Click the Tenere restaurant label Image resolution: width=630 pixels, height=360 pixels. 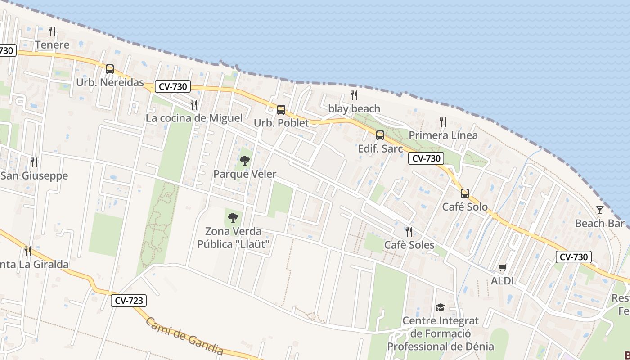[x=52, y=45]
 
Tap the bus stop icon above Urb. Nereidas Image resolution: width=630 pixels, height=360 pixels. [x=110, y=69]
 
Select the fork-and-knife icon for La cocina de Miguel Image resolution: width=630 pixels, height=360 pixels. [x=194, y=104]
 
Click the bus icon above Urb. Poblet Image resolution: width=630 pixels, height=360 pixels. [x=281, y=109]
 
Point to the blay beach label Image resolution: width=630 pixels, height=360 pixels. [x=354, y=108]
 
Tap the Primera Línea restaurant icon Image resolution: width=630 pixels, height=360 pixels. [x=443, y=121]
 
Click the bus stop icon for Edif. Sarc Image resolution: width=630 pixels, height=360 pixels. [x=380, y=135]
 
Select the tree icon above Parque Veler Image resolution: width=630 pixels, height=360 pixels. [x=245, y=160]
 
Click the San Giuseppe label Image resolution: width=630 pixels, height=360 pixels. [x=34, y=175]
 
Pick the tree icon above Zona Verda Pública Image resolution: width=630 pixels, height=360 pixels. [x=233, y=218]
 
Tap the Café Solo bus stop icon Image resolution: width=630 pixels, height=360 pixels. [x=465, y=193]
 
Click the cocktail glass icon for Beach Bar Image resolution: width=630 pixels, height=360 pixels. [x=600, y=210]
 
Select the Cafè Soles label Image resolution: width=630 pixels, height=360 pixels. [x=409, y=245]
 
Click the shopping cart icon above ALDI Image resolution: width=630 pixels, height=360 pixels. [x=503, y=267]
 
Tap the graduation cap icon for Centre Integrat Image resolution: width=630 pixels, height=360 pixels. [x=440, y=307]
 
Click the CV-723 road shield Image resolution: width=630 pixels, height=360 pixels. [x=129, y=301]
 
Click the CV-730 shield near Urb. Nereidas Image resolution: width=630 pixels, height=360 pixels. [x=173, y=86]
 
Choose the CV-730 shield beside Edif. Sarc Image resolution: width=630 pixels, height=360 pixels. [x=427, y=158]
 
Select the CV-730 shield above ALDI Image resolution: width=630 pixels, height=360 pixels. [x=574, y=257]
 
